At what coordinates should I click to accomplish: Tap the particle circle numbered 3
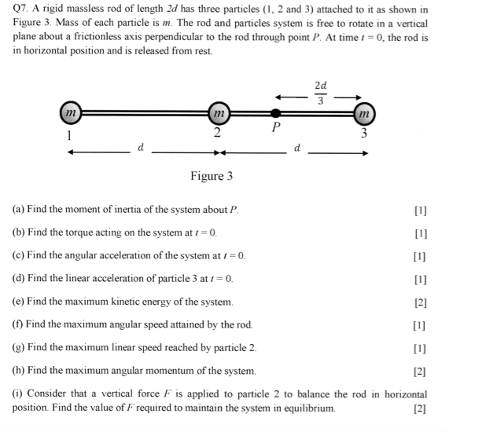coord(363,113)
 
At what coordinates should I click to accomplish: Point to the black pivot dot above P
coord(275,113)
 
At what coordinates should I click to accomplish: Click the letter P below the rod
coord(275,127)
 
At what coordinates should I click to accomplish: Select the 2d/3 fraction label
coord(319,92)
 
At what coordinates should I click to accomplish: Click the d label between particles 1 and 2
coord(141,147)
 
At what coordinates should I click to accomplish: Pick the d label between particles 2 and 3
coord(297,147)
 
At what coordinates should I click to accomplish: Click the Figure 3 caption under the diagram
coord(212,176)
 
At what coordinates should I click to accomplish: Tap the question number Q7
coord(22,9)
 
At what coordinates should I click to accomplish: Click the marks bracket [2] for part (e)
coord(419,302)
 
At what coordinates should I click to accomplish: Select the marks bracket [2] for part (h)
coord(419,371)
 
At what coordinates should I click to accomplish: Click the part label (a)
coord(19,211)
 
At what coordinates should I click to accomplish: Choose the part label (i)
coord(17,394)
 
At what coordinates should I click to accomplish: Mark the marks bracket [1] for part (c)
coord(419,257)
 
